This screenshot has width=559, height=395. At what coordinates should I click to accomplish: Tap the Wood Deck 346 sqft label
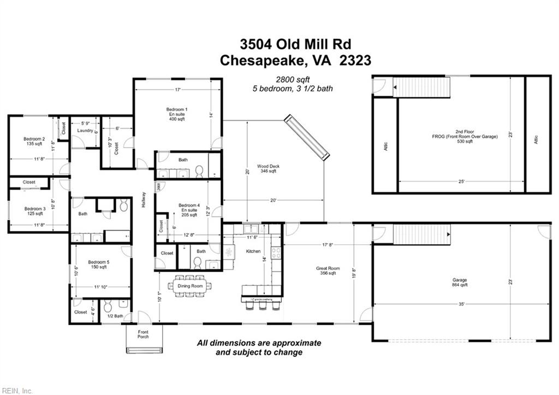coord(267,168)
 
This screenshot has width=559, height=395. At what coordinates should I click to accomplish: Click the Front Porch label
coord(143,334)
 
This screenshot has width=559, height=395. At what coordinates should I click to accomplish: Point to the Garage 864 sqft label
coord(460,282)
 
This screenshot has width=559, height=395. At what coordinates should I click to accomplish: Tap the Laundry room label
coord(85,131)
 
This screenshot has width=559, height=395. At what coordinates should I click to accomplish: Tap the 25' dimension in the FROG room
coord(462,181)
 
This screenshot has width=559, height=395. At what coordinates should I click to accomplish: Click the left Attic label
coord(386,146)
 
